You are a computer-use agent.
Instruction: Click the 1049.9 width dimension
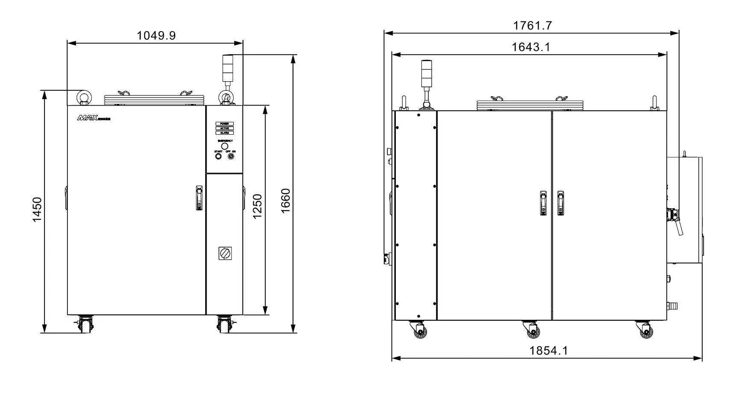click(x=156, y=35)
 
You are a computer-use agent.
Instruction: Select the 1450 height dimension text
click(x=38, y=210)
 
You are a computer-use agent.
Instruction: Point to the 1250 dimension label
click(x=257, y=206)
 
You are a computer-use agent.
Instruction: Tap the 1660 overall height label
click(x=285, y=200)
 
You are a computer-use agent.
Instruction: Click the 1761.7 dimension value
click(x=532, y=26)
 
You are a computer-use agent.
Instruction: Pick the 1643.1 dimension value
click(x=531, y=47)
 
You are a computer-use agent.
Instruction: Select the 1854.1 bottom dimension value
click(x=548, y=351)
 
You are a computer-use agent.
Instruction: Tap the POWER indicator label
click(x=224, y=124)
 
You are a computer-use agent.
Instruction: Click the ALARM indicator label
click(x=224, y=133)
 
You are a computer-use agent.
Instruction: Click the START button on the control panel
click(x=218, y=157)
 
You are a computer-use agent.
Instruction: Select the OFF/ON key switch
click(x=231, y=157)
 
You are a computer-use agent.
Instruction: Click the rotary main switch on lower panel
click(x=225, y=253)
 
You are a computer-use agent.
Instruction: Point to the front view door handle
click(x=199, y=198)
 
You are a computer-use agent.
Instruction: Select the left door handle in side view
click(x=543, y=203)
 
